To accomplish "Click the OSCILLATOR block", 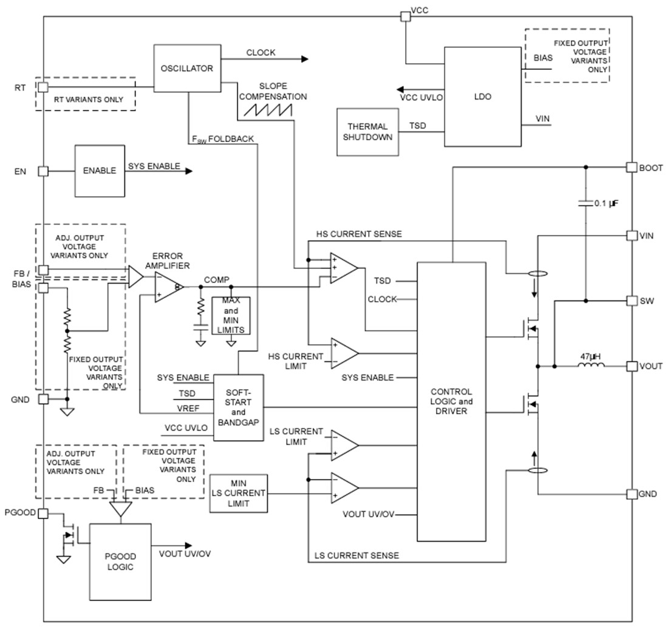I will [x=187, y=68].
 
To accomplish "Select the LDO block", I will [x=483, y=97].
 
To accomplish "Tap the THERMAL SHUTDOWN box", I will [x=367, y=132].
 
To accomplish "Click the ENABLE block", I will [x=99, y=171].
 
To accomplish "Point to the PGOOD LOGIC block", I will [x=120, y=561].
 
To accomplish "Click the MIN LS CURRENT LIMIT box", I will [x=238, y=492].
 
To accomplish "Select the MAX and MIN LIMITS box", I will [x=231, y=314].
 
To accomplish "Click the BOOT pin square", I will [x=630, y=167].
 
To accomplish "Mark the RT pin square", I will [x=43, y=87].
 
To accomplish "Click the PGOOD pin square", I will [x=43, y=514].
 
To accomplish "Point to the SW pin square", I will [x=630, y=301].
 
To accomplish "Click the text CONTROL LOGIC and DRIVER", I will [x=451, y=401].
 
